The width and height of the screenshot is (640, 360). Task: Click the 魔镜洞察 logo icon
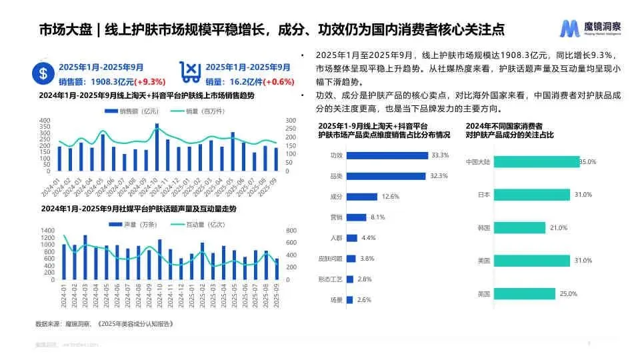(569, 28)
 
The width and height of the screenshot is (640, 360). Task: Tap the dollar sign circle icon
(43, 75)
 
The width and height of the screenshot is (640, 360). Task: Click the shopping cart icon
(191, 72)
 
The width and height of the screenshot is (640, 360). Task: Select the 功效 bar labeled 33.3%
(387, 155)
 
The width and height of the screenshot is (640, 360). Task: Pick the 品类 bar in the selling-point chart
(386, 176)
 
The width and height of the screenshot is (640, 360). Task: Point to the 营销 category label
(336, 217)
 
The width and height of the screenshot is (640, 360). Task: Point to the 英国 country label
(485, 294)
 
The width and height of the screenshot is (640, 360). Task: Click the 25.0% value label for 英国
(568, 294)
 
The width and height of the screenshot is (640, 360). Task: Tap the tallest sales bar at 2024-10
(157, 147)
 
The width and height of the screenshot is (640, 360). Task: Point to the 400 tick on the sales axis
(45, 121)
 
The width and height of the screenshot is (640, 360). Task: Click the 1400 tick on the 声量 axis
(47, 231)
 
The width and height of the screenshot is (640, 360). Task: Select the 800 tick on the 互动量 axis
(291, 231)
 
